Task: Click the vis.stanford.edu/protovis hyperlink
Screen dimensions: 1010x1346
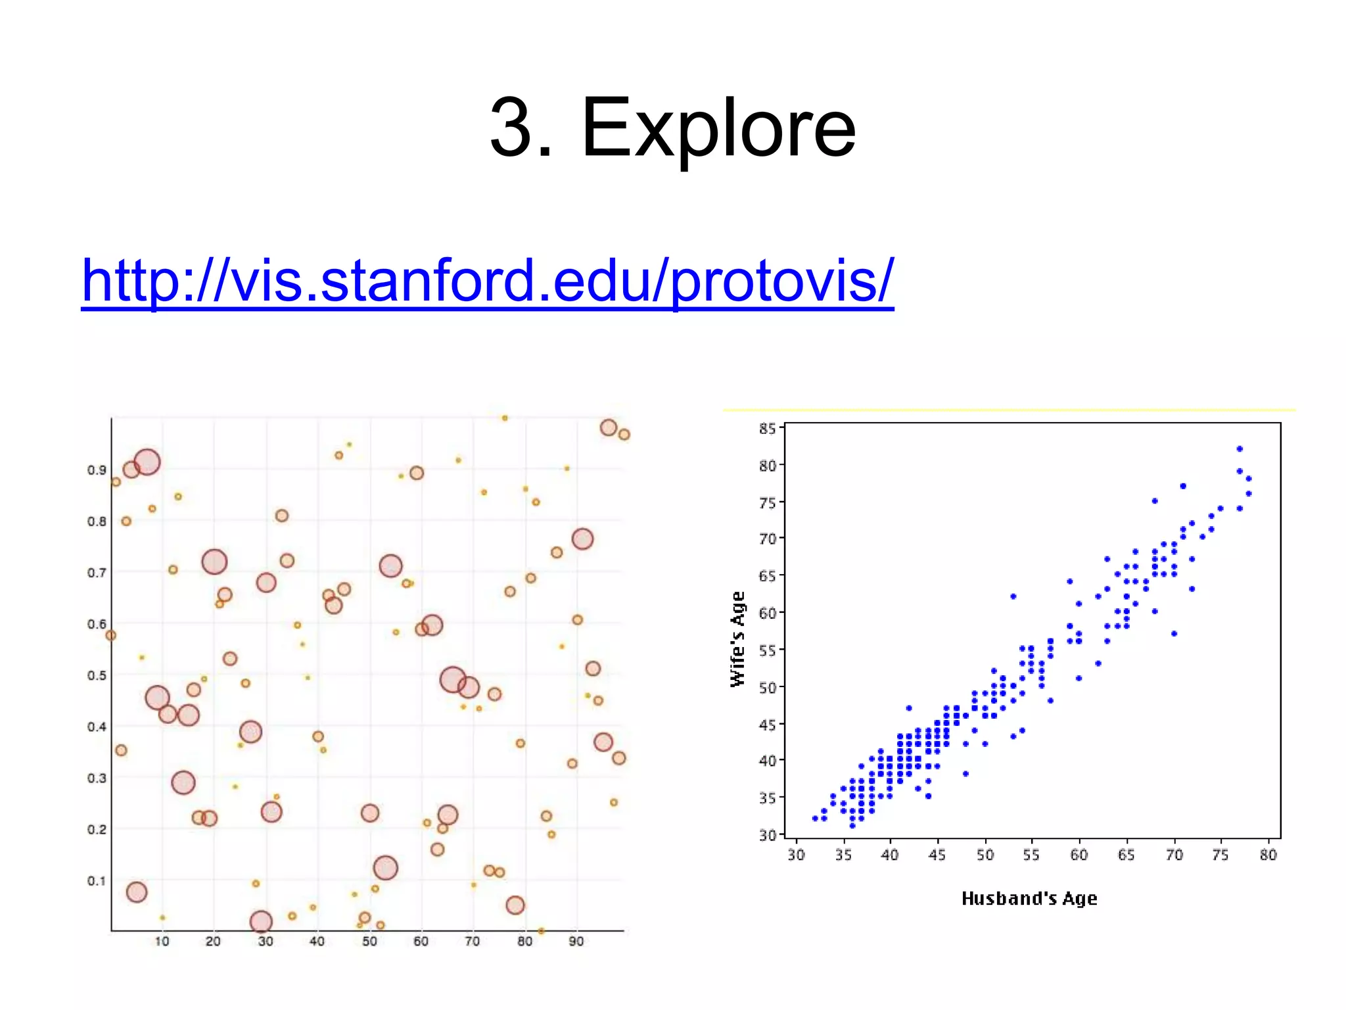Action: [487, 281]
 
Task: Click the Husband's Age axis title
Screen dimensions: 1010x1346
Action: [1029, 898]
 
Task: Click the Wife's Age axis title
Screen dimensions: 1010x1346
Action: [739, 638]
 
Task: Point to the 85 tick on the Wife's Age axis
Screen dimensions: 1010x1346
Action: [767, 429]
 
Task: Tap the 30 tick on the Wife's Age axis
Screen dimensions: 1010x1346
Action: [767, 835]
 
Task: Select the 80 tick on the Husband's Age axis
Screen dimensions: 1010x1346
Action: [1268, 855]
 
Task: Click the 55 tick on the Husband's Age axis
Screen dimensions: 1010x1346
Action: [1031, 855]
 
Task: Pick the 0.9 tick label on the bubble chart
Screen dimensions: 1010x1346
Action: [97, 469]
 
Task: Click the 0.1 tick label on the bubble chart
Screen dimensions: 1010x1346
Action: [97, 880]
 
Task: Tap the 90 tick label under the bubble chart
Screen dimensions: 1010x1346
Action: [576, 942]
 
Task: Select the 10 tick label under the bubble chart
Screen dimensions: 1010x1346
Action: [162, 942]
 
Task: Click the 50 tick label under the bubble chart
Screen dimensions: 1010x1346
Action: [369, 942]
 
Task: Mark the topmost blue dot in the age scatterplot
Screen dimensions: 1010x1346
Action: [1240, 449]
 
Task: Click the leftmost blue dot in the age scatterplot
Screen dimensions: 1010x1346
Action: [815, 819]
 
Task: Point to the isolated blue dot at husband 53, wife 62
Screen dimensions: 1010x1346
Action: [1013, 596]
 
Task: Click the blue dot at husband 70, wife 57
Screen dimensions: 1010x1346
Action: [1174, 634]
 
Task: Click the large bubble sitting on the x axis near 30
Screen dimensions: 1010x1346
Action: [261, 922]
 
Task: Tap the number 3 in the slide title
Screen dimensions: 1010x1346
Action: [511, 128]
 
